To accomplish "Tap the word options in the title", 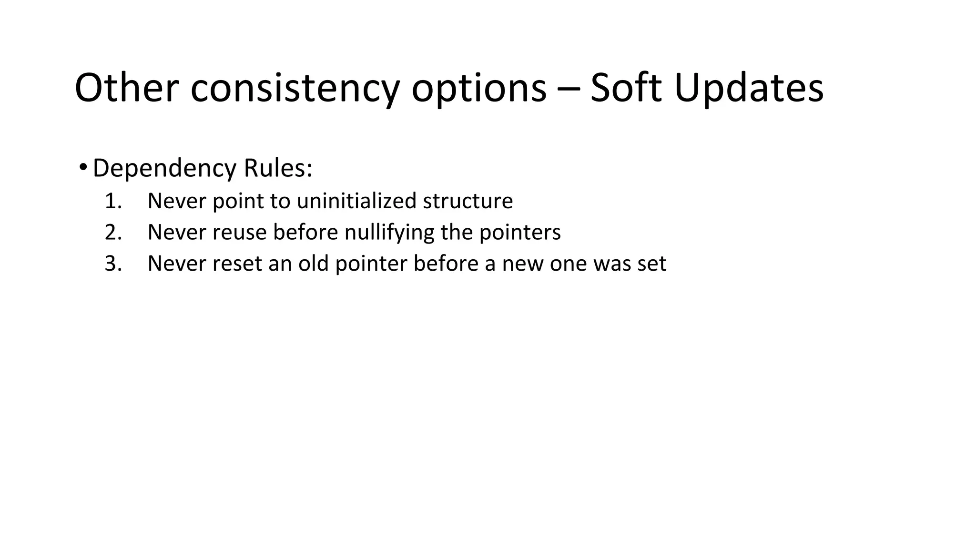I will [x=478, y=88].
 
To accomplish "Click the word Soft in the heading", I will [x=626, y=88].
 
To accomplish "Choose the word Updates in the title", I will [x=749, y=88].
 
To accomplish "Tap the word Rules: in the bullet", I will [x=278, y=168].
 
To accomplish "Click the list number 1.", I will [x=113, y=201].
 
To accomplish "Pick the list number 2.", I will [x=113, y=233].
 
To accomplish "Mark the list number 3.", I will [x=113, y=264].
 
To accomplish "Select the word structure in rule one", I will [x=468, y=201].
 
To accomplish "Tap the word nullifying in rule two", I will [x=389, y=233].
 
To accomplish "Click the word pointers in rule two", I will [x=520, y=233].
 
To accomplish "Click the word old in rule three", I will [x=314, y=264].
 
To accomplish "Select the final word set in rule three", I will [x=651, y=264].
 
